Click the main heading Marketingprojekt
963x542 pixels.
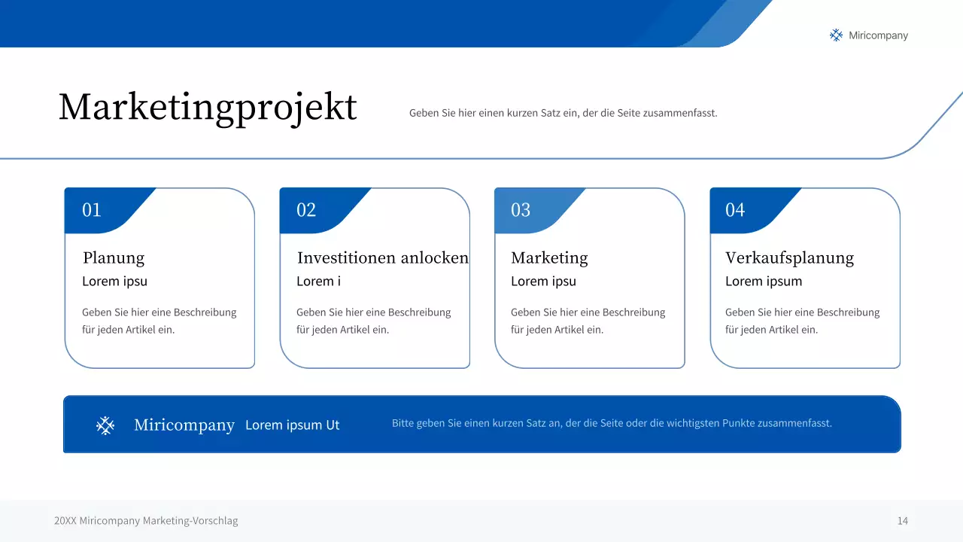tap(208, 108)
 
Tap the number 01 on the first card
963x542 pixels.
tap(92, 210)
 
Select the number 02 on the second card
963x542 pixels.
tap(306, 210)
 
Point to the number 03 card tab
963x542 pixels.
tap(521, 210)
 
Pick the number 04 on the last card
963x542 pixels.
tap(735, 210)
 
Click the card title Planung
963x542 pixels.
tap(114, 258)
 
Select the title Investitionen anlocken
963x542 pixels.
tap(382, 258)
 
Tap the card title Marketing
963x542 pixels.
tap(549, 258)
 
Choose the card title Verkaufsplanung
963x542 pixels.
tap(789, 258)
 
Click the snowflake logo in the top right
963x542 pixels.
tap(836, 35)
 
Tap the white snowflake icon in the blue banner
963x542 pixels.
tap(105, 426)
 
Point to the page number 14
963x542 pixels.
tap(902, 521)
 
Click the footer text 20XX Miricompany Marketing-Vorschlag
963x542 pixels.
tap(146, 521)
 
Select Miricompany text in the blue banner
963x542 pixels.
tap(184, 425)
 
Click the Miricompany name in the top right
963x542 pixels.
tap(878, 35)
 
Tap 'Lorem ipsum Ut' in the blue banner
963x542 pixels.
tap(293, 425)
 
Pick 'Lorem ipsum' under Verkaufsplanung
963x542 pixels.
tap(764, 282)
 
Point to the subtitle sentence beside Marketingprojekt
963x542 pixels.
tap(563, 114)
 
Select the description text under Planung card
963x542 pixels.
tap(159, 321)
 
